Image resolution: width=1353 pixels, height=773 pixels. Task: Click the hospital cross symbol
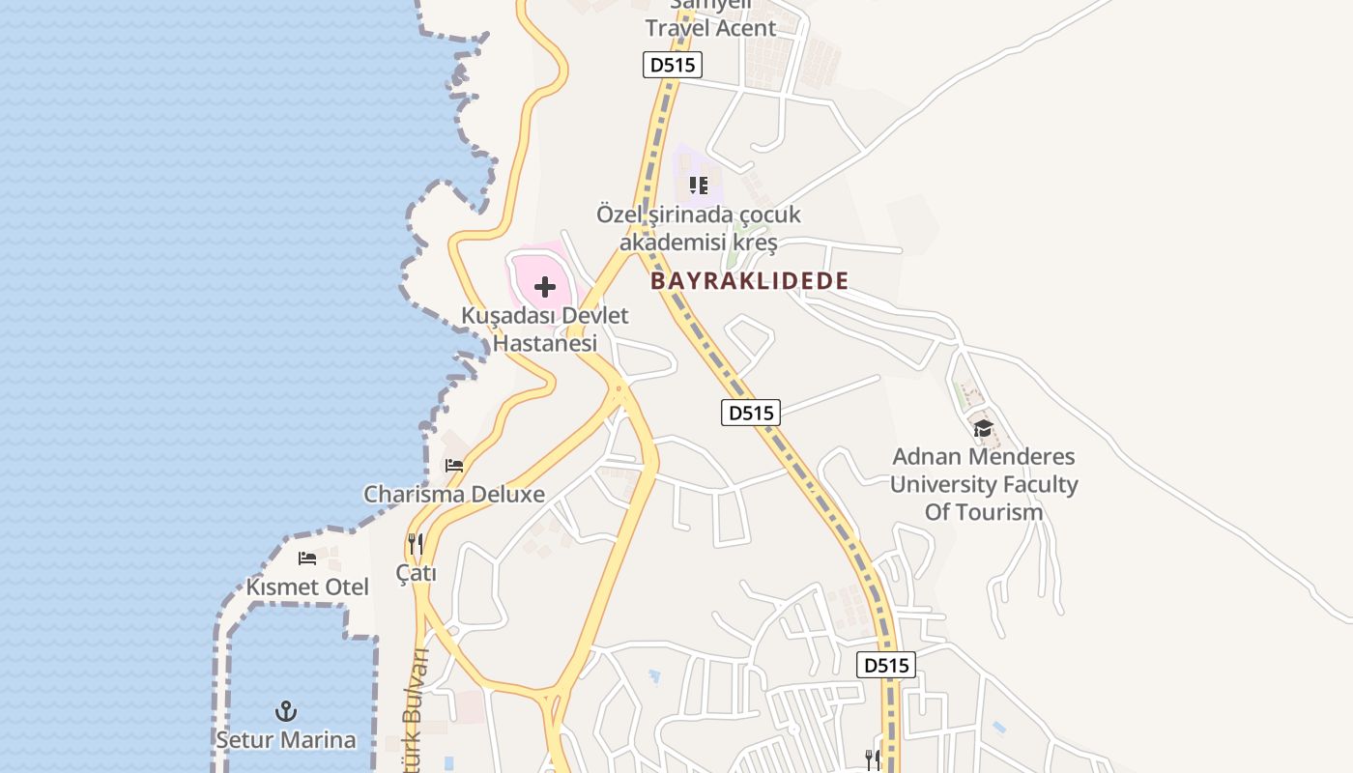(x=545, y=287)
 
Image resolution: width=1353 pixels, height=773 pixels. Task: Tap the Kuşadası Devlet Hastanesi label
(x=545, y=329)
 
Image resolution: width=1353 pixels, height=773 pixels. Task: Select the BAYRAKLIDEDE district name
(x=749, y=281)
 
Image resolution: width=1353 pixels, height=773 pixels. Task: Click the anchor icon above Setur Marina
(x=285, y=712)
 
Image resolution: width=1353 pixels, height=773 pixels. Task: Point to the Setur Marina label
(x=285, y=740)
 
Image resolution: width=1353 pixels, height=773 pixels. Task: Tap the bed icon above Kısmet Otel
(x=307, y=558)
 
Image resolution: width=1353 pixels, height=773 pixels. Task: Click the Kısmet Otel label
(x=307, y=587)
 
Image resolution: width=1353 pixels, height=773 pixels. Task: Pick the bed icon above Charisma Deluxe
(x=454, y=466)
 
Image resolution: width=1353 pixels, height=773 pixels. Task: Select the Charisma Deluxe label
(x=454, y=495)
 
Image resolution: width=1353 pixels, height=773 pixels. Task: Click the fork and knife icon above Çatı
(x=416, y=544)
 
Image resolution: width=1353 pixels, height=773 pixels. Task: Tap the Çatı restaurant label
(x=417, y=573)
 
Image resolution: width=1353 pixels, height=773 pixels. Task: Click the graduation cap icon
(x=983, y=428)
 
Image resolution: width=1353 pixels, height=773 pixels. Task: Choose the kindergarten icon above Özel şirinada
(x=699, y=185)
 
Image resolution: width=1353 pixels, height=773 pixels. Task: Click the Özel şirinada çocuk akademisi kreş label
(x=699, y=228)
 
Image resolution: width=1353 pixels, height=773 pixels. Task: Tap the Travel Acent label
(x=710, y=28)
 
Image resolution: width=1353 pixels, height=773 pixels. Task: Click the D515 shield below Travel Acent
(x=672, y=66)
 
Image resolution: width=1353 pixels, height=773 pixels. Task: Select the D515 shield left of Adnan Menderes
(x=751, y=413)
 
